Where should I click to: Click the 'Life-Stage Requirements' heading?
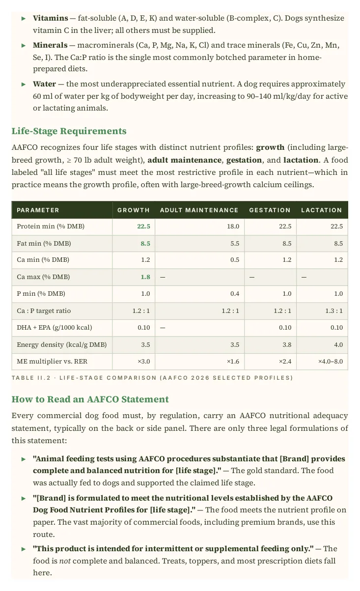click(69, 131)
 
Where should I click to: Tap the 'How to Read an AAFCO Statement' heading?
click(90, 399)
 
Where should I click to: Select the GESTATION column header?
click(270, 210)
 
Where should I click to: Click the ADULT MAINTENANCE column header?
click(199, 210)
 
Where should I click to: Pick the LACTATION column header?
click(322, 210)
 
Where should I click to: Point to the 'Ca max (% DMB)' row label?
click(43, 277)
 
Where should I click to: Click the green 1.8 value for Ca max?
click(145, 277)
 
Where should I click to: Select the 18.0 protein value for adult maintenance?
click(233, 226)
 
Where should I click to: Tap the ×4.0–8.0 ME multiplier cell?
click(331, 361)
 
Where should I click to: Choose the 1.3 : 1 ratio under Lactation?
click(334, 310)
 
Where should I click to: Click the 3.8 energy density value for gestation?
click(287, 344)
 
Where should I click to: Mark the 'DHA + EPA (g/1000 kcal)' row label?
click(55, 327)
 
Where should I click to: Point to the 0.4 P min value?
click(235, 294)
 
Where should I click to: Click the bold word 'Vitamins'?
click(51, 18)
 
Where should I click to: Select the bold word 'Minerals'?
click(50, 45)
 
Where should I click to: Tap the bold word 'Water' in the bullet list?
click(44, 84)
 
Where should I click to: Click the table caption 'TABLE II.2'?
click(31, 378)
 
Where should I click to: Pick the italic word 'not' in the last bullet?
click(65, 561)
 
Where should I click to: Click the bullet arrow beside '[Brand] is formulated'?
click(24, 498)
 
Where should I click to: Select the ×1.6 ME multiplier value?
click(233, 361)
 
